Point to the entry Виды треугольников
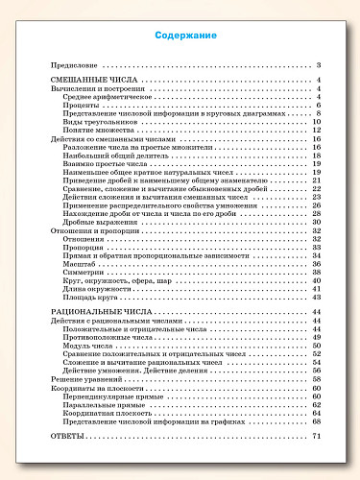pos(103,122)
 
